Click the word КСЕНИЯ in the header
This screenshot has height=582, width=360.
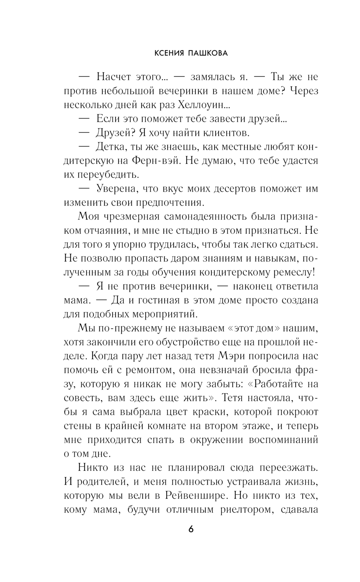169,53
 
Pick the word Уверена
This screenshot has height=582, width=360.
116,189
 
